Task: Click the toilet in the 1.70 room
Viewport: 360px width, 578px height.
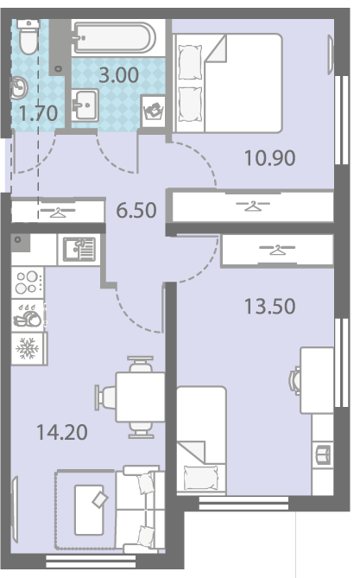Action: (x=28, y=37)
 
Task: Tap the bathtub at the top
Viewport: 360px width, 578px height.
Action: (x=115, y=38)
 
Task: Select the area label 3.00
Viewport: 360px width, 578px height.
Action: (x=119, y=75)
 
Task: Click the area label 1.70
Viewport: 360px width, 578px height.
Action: (x=38, y=113)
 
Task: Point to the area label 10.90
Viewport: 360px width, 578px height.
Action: (x=270, y=158)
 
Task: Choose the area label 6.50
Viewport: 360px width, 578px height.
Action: (x=136, y=211)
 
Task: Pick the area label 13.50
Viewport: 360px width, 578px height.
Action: (x=270, y=307)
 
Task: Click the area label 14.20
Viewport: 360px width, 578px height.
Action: (x=62, y=432)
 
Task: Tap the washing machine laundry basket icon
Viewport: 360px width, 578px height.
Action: (x=154, y=111)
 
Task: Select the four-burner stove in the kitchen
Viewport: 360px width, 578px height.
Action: (x=28, y=283)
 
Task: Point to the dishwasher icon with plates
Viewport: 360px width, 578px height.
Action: (x=28, y=315)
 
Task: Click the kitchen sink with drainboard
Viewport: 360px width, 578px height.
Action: (x=79, y=249)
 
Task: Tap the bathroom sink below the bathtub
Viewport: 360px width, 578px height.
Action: (x=85, y=105)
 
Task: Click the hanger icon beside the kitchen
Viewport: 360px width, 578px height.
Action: (x=58, y=212)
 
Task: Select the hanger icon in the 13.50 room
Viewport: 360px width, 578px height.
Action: (x=277, y=250)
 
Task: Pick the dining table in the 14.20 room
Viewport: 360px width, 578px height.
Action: (x=140, y=397)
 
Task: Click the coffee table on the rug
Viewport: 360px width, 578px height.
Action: (x=89, y=510)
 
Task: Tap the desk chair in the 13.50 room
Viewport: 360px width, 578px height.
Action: (x=295, y=379)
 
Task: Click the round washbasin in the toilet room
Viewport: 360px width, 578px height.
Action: (x=19, y=88)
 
